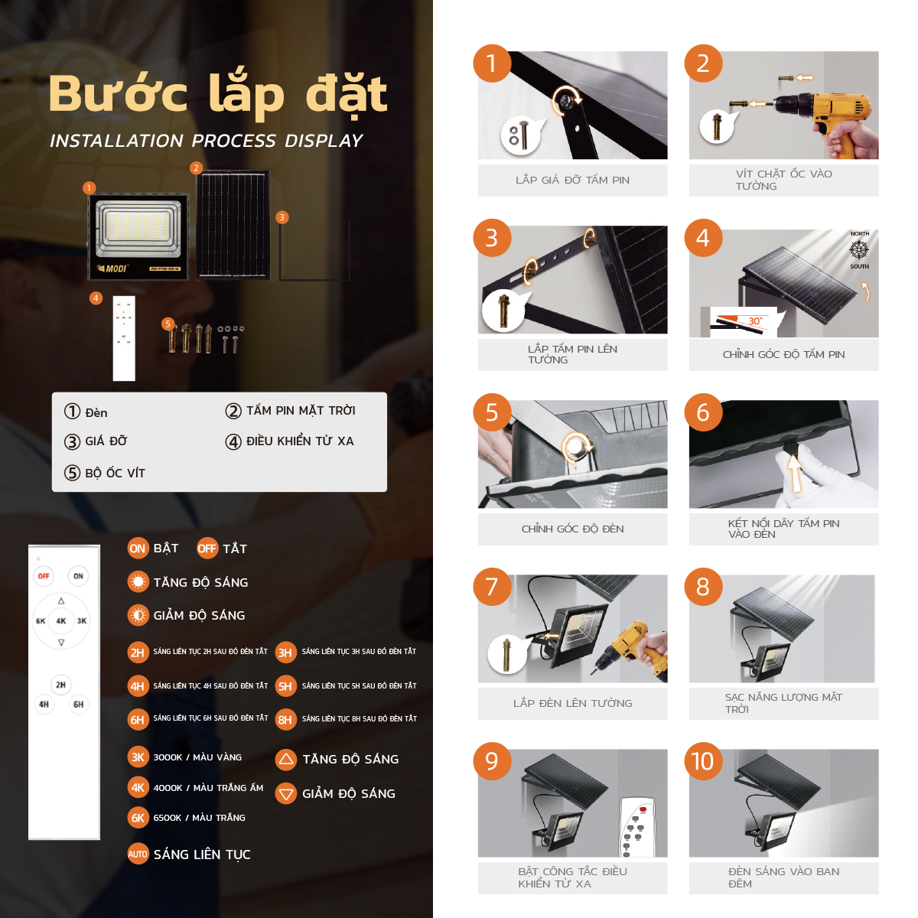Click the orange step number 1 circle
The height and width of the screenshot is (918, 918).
(492, 63)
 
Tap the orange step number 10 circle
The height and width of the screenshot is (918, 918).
(702, 761)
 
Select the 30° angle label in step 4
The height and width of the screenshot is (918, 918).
(754, 321)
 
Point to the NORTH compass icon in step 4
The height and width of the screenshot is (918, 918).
(859, 249)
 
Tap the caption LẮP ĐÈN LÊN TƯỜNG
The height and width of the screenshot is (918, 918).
(572, 703)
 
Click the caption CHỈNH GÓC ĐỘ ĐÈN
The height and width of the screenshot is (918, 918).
(572, 529)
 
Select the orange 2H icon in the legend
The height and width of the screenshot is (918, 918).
(138, 653)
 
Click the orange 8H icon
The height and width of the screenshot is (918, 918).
(285, 720)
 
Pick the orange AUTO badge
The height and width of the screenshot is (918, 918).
(138, 855)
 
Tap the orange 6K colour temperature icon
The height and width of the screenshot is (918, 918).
(138, 818)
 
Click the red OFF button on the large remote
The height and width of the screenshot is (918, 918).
(44, 576)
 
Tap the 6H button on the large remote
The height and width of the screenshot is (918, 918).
(78, 704)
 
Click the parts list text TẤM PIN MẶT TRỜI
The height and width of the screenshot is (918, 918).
(300, 411)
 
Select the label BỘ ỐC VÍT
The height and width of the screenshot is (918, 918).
(115, 473)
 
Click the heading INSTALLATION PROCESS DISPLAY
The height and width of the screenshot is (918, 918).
(207, 141)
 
